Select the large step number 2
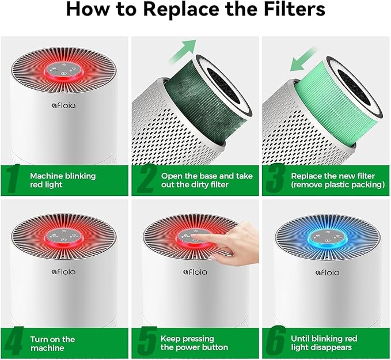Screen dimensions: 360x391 coord(146,179)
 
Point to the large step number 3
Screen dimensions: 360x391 coord(275,179)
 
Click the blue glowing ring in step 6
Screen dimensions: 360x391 coord(325,237)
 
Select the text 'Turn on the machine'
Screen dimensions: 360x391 coord(52,343)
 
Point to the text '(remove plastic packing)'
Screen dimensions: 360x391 coord(329,184)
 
